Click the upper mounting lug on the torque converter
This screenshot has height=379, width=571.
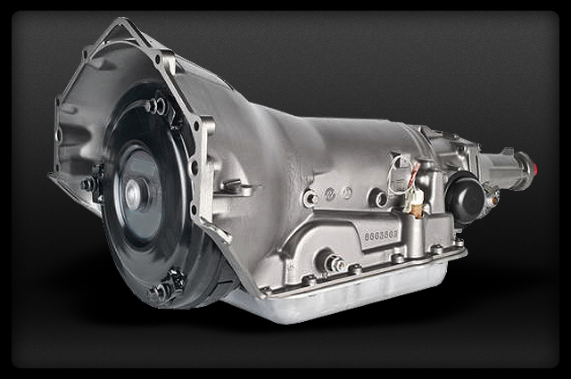pos(156,107)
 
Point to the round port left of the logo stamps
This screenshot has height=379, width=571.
pos(310,198)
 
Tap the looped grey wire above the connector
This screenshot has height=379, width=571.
pos(402,166)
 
